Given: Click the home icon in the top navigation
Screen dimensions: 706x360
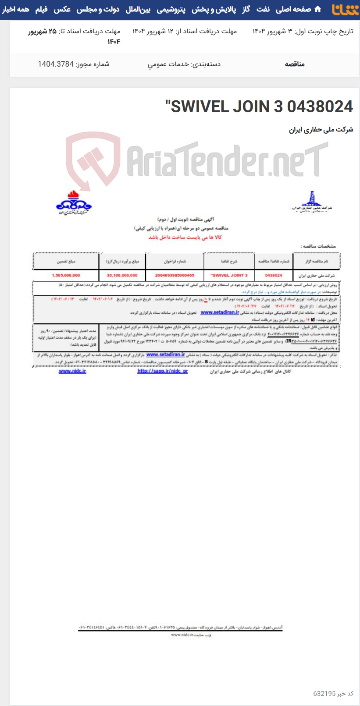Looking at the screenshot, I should click(x=318, y=9).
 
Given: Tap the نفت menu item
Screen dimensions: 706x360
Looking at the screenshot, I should click(x=263, y=9).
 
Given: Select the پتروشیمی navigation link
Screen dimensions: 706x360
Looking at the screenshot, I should click(x=171, y=9).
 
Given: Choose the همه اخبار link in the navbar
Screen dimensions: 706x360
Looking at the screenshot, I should click(x=16, y=9).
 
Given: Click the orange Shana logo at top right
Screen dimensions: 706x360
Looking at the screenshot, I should click(x=345, y=9).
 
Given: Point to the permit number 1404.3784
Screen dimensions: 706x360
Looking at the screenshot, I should click(x=56, y=64).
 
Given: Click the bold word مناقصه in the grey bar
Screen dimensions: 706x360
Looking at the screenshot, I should click(x=295, y=64).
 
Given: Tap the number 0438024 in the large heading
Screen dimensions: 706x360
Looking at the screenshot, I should click(x=320, y=106).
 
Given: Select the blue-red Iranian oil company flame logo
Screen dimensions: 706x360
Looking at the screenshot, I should click(x=73, y=202).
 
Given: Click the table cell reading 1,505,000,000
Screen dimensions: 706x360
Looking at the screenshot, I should click(x=66, y=275).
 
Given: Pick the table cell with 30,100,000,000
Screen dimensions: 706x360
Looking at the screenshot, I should click(x=122, y=275).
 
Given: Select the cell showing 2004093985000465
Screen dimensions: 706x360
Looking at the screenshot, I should click(x=175, y=275).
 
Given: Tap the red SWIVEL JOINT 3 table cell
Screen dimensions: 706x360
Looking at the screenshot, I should click(x=229, y=275).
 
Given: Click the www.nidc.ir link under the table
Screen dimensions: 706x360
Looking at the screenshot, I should click(x=72, y=371).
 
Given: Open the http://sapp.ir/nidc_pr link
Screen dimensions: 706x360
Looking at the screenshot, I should click(x=162, y=371).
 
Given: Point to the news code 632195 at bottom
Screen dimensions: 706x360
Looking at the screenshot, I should click(x=324, y=693).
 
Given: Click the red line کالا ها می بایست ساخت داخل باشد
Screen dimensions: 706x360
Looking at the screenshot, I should click(x=185, y=237).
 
